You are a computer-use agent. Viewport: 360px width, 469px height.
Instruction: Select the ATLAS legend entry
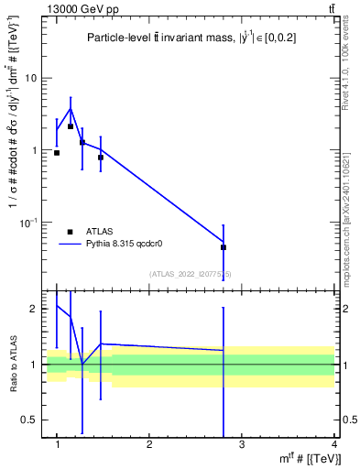(71, 232)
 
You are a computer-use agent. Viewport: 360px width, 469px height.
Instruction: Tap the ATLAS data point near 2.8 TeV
(224, 247)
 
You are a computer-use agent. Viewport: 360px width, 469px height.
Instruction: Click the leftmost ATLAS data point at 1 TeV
(57, 153)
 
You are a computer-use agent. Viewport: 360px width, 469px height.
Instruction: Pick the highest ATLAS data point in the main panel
(71, 126)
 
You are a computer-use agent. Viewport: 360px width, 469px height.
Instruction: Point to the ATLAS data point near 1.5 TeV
(101, 158)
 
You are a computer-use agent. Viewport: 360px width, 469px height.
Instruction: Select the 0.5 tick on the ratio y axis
(31, 420)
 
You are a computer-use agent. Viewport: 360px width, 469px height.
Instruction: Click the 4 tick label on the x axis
(333, 445)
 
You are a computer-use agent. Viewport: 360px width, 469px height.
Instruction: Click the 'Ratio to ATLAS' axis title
(12, 365)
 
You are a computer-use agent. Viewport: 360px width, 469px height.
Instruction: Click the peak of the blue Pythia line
(71, 108)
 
